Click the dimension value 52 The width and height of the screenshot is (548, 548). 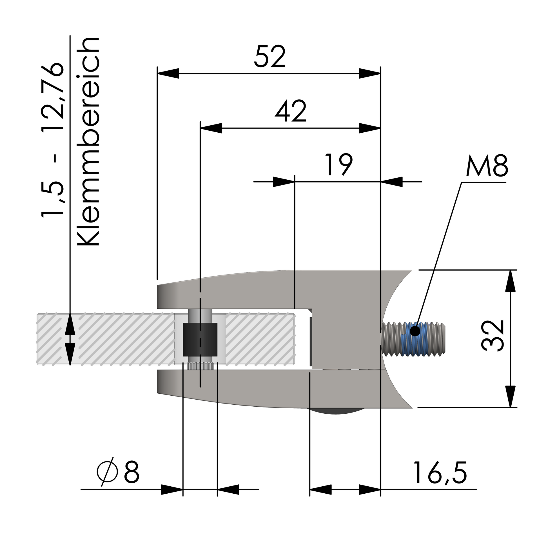pyautogui.click(x=270, y=57)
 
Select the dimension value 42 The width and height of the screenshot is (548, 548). pyautogui.click(x=291, y=111)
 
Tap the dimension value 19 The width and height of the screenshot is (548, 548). pyautogui.click(x=339, y=164)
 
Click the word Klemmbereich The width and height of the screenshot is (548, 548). pyautogui.click(x=88, y=141)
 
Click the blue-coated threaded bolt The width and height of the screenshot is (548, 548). pyautogui.click(x=414, y=339)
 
